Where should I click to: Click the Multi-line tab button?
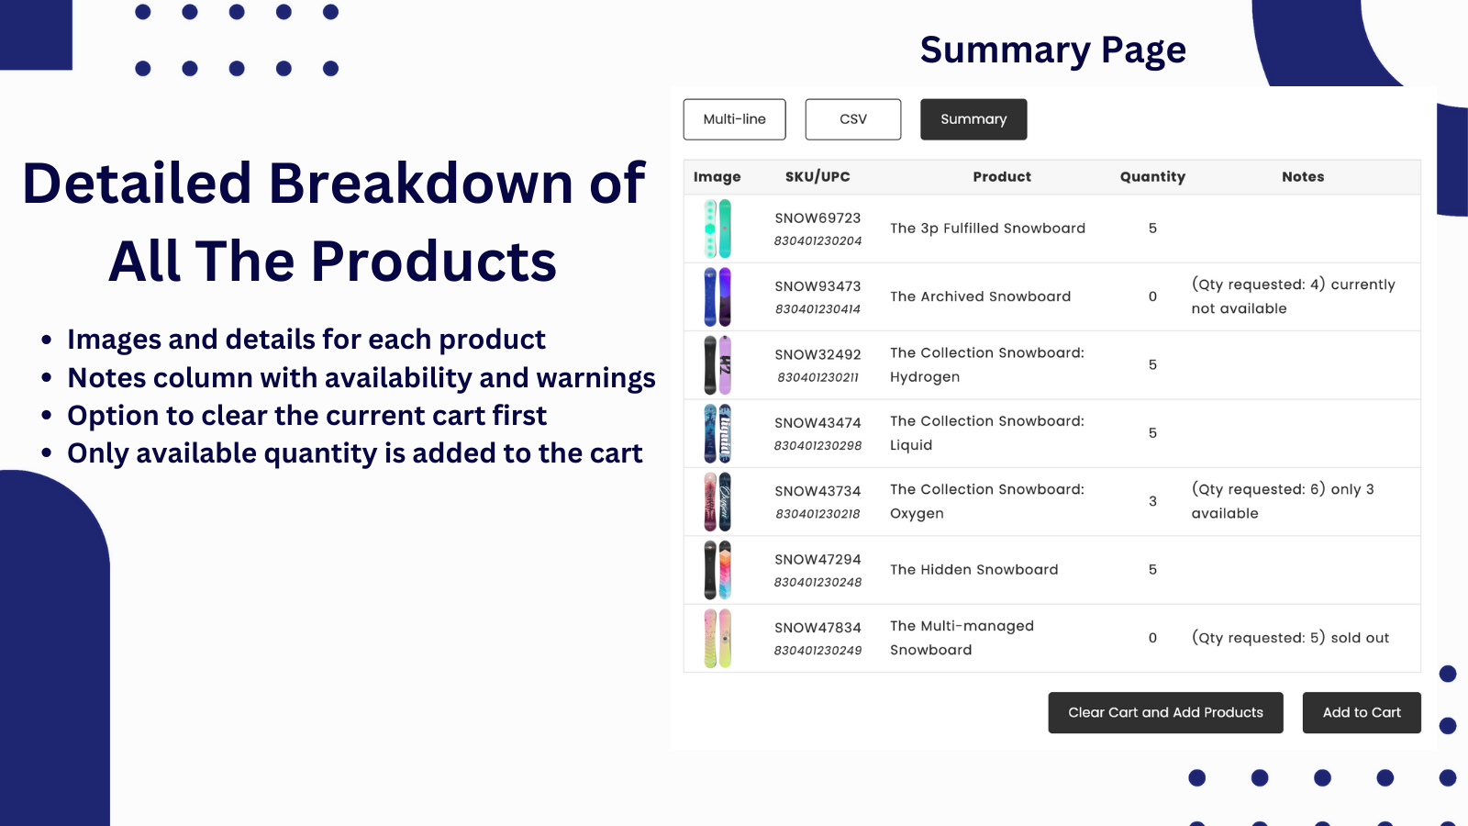point(734,119)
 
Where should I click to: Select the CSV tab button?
point(852,119)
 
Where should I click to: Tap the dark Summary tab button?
point(973,119)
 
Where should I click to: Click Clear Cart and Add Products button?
point(1165,712)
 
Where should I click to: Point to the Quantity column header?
point(1152,177)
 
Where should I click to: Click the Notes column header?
point(1303,177)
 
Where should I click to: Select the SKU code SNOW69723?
point(817,218)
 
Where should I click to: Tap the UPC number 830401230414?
point(817,309)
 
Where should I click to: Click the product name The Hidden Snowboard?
point(973,570)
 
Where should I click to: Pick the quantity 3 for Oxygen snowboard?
point(1152,501)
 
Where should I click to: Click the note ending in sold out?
point(1290,638)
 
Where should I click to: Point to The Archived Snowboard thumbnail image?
point(717,297)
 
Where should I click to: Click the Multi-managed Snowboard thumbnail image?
point(717,639)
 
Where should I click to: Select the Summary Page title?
point(1053,50)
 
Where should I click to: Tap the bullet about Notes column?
point(361,377)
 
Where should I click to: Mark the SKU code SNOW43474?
point(817,423)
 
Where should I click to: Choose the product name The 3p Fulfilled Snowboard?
point(987,229)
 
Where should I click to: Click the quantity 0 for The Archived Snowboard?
point(1152,297)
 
